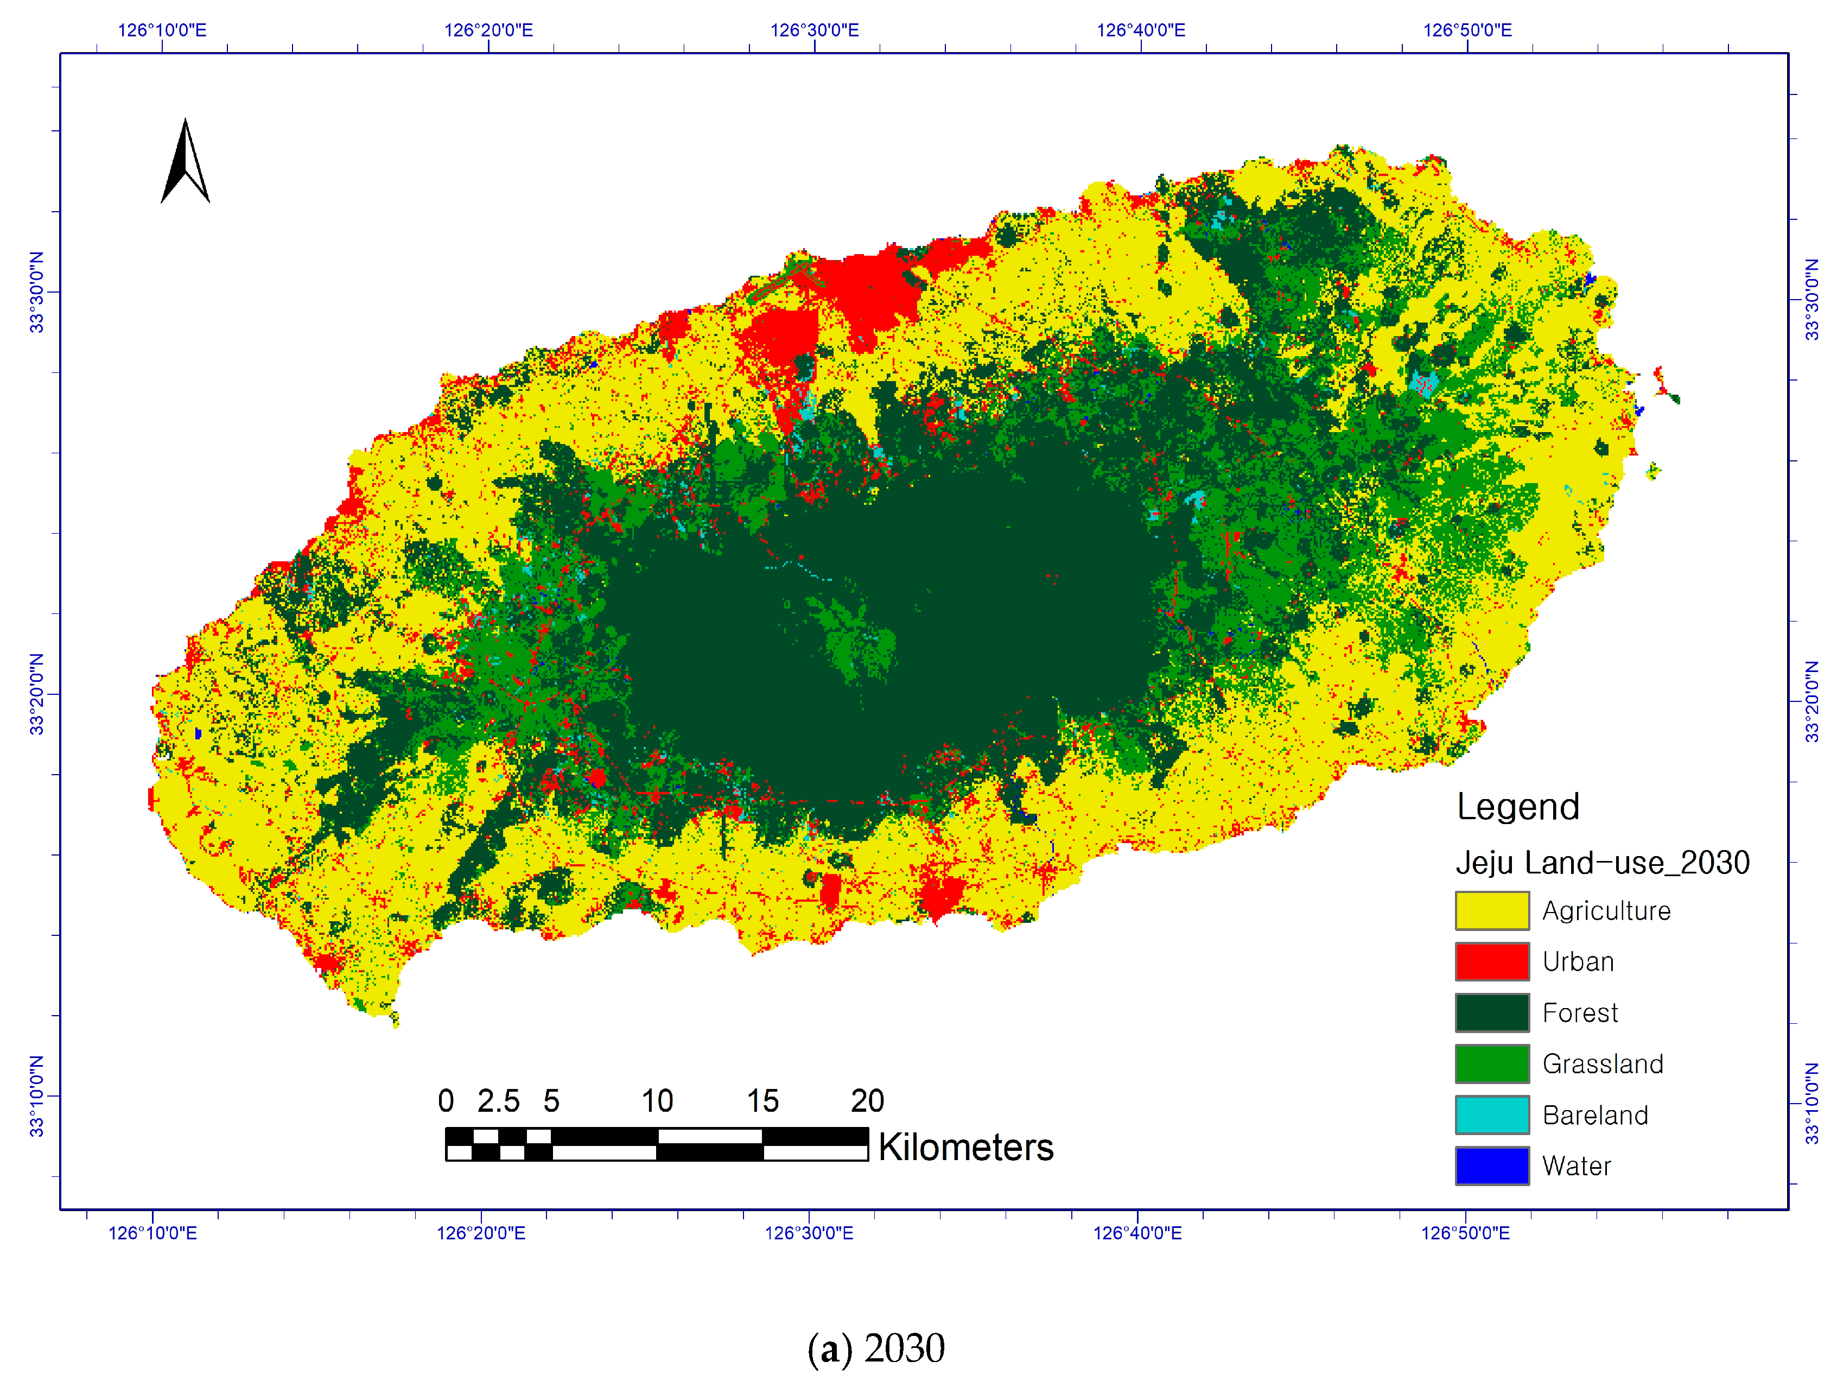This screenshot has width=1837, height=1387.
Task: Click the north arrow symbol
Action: (x=185, y=162)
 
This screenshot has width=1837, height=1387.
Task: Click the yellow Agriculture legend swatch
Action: (x=1491, y=911)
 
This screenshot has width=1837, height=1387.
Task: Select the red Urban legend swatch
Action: (x=1491, y=962)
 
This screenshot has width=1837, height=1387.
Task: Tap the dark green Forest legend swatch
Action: (x=1491, y=1012)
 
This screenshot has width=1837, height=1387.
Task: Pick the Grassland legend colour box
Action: (x=1491, y=1064)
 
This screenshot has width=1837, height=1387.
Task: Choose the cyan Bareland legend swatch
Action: (x=1491, y=1114)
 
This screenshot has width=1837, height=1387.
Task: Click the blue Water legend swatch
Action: (x=1491, y=1166)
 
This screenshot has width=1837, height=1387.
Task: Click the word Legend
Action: (x=1517, y=807)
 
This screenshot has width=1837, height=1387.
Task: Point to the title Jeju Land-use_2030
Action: (x=1602, y=863)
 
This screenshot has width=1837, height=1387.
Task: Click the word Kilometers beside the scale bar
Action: (x=966, y=1148)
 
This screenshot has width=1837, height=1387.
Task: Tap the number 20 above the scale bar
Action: (x=867, y=1101)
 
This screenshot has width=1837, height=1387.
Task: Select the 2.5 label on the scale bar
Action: (x=498, y=1101)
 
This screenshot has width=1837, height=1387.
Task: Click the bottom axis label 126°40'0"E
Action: (x=1137, y=1232)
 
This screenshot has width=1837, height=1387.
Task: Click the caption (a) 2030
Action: (x=876, y=1348)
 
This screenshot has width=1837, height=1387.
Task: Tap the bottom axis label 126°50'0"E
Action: (x=1465, y=1232)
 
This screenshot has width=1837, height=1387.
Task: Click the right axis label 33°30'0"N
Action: (x=1811, y=299)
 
